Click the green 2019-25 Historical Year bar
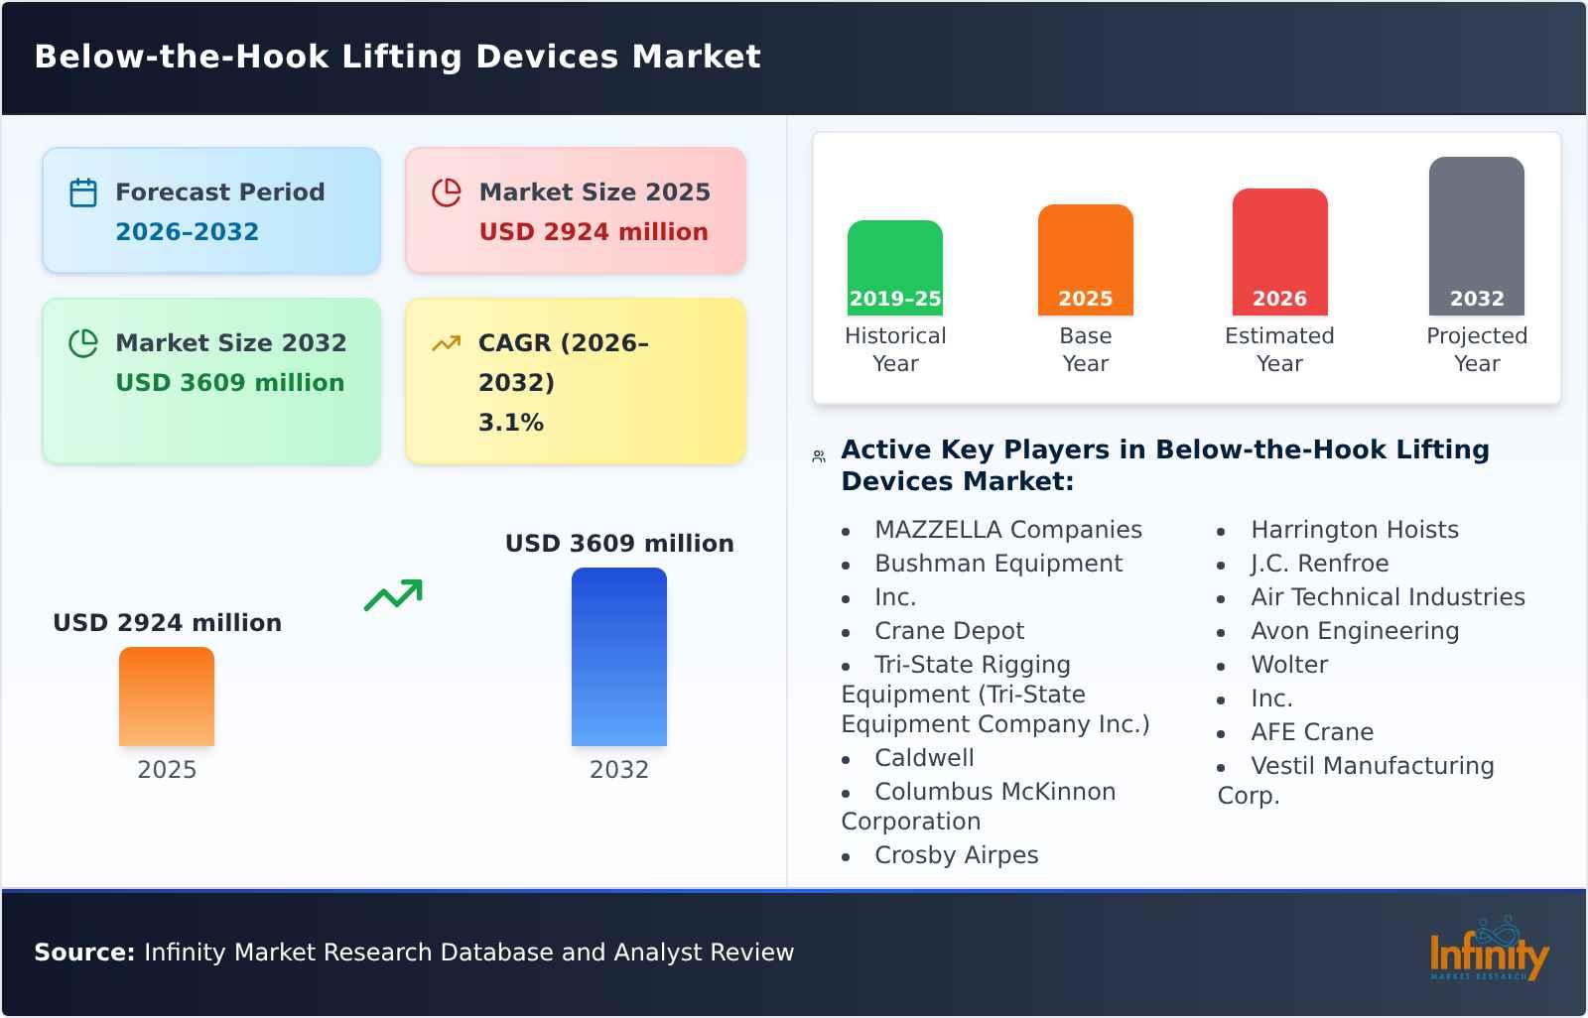[x=894, y=267]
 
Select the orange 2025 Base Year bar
[x=1085, y=259]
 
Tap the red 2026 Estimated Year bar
[x=1279, y=251]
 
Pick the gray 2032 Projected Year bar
[x=1476, y=235]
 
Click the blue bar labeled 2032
[x=618, y=656]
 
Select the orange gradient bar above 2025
[x=167, y=696]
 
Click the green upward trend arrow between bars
[x=393, y=594]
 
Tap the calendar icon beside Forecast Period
[x=83, y=192]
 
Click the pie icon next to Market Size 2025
[x=447, y=192]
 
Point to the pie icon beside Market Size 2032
[x=83, y=343]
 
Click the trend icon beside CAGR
[x=447, y=343]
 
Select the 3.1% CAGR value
[x=510, y=422]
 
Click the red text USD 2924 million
[x=594, y=231]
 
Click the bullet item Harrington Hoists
[x=1354, y=530]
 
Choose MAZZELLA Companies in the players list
[x=1007, y=530]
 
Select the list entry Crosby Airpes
[x=956, y=855]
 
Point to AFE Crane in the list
[x=1312, y=732]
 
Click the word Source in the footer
[x=83, y=953]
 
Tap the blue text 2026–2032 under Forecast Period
[x=187, y=231]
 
